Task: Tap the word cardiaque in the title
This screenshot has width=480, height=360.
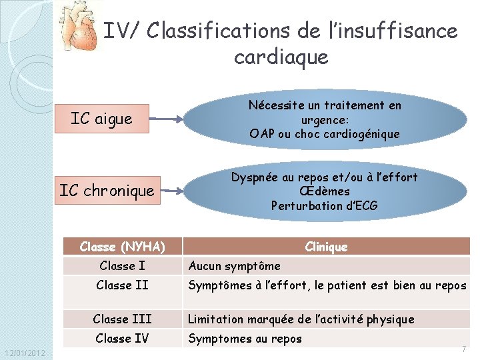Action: tap(281, 57)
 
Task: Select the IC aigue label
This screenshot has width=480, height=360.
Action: tap(101, 119)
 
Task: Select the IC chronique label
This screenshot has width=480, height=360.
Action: tap(107, 190)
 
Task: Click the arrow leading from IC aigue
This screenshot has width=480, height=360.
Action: tap(165, 120)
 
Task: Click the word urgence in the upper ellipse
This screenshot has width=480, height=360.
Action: tap(324, 120)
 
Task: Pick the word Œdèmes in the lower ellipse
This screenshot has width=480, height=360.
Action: tap(324, 191)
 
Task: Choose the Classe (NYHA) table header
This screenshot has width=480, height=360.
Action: tap(122, 247)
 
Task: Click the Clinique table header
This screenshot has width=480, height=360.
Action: tap(326, 247)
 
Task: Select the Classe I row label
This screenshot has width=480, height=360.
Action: tap(122, 266)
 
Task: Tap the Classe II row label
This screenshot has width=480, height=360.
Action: tap(122, 285)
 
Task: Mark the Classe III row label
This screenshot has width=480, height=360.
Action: tap(122, 319)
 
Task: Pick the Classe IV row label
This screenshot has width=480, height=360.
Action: tap(122, 338)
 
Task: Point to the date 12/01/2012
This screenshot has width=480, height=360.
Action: tap(24, 353)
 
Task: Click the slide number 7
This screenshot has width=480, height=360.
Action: tap(463, 349)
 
